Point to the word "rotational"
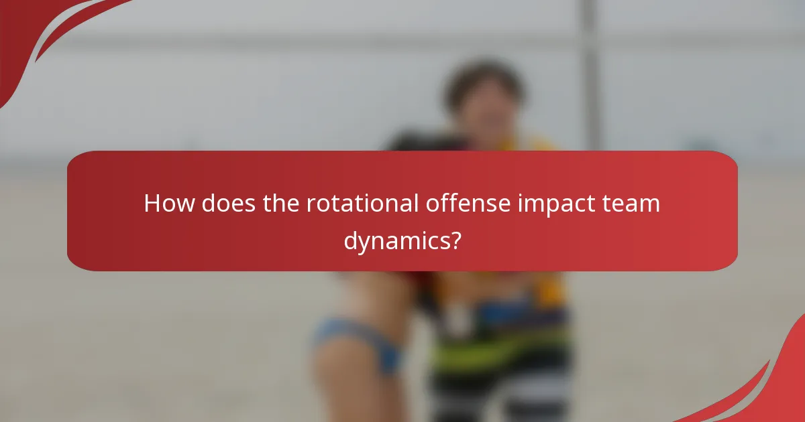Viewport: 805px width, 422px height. click(362, 204)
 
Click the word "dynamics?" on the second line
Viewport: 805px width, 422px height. click(402, 240)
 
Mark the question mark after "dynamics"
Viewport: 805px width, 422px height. click(456, 239)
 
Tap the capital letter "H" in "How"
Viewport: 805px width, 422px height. click(152, 204)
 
